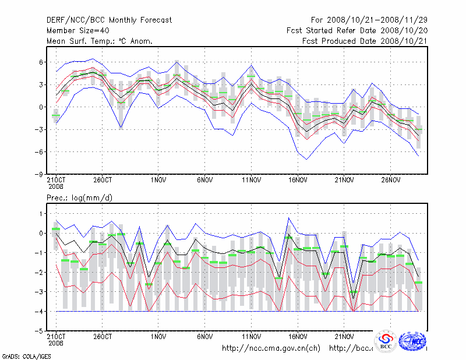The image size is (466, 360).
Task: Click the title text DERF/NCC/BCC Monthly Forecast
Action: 109,20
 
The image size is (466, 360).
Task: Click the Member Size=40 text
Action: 79,30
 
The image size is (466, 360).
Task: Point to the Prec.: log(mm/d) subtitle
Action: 79,198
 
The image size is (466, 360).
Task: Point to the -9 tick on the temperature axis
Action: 40,174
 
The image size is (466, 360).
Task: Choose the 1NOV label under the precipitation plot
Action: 158,336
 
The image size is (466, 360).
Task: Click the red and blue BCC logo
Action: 386,342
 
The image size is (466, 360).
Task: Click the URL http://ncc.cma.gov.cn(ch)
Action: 271,348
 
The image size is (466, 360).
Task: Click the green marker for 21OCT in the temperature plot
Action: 56,115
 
